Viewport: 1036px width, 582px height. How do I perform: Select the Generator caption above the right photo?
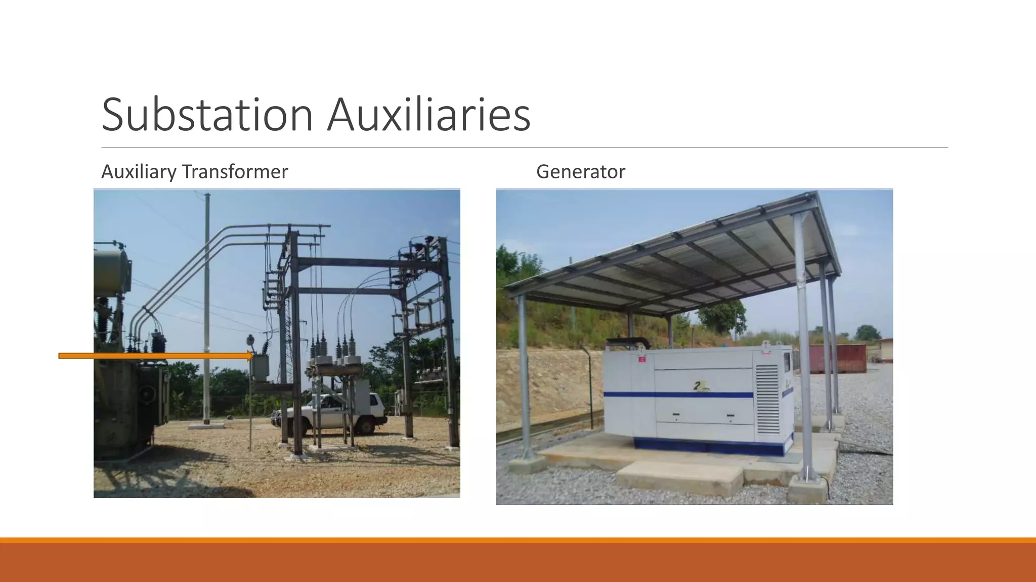click(x=580, y=172)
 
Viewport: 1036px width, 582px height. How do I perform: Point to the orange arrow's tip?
click(x=251, y=356)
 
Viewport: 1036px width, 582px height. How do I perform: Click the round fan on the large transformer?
click(x=147, y=394)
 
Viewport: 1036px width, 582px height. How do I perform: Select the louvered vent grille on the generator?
click(x=767, y=399)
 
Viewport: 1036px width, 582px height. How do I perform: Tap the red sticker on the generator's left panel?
click(x=642, y=359)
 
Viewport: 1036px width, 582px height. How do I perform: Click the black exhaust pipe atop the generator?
click(x=627, y=342)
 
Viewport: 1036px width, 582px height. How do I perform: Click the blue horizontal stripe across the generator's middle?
click(x=678, y=394)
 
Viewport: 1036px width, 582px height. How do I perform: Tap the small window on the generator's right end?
click(x=787, y=362)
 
